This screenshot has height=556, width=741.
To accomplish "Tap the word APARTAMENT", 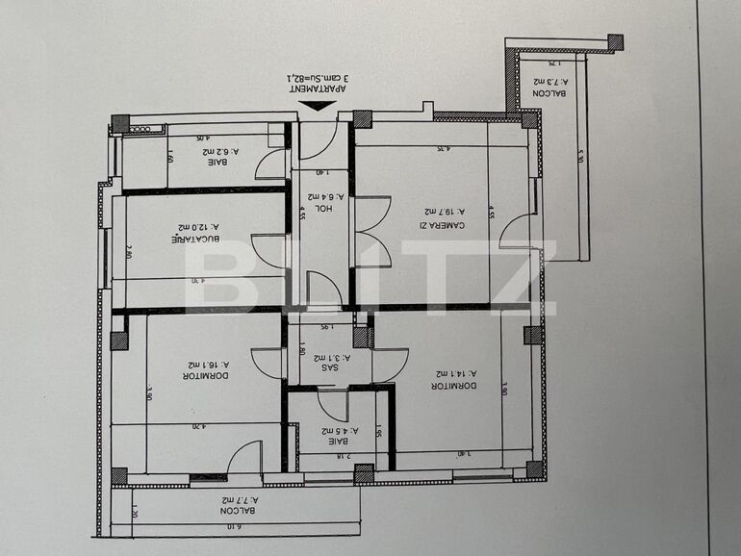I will pyautogui.click(x=319, y=88).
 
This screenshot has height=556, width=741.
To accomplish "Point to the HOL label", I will pyautogui.click(x=327, y=208).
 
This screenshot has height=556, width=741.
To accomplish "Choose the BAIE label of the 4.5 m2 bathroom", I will pyautogui.click(x=337, y=443).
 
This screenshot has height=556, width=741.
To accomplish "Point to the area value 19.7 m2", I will pyautogui.click(x=447, y=212).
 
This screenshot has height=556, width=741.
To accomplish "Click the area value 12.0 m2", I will pyautogui.click(x=199, y=228).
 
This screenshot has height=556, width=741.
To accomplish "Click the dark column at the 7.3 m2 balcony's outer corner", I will pyautogui.click(x=615, y=41).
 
